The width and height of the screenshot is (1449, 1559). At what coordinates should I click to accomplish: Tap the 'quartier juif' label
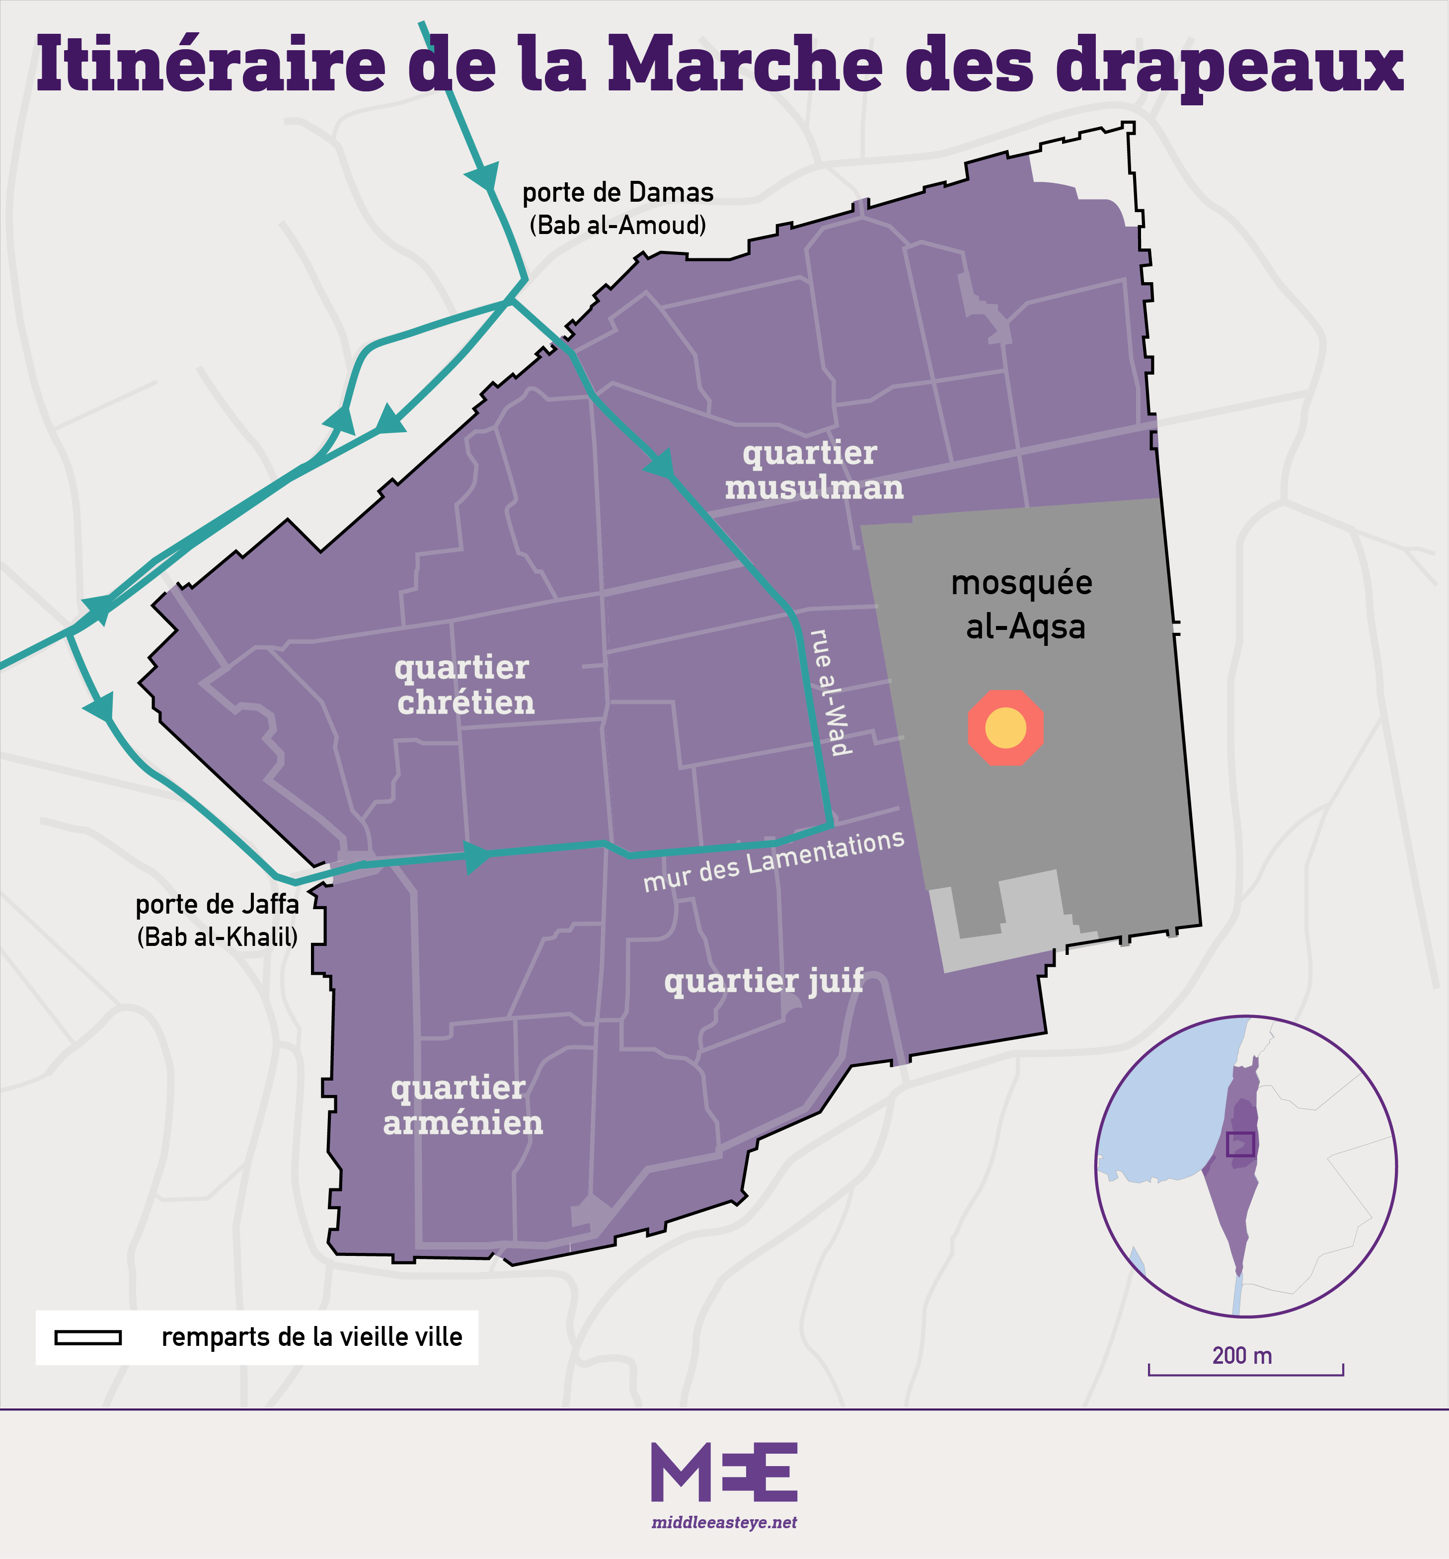coord(763,981)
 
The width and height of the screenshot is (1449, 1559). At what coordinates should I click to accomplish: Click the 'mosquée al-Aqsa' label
coord(1022,605)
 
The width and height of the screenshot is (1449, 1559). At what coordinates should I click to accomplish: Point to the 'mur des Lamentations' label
coord(773,861)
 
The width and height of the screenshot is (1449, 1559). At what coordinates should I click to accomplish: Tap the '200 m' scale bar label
coord(1242,1355)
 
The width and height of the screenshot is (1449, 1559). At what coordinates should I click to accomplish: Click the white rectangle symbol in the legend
coord(88,1337)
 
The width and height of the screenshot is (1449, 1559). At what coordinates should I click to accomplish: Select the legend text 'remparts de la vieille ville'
coord(312,1337)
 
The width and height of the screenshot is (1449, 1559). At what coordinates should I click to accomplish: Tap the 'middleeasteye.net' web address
coord(724,1522)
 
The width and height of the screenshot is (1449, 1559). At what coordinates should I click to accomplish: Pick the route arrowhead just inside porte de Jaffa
coord(475,857)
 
